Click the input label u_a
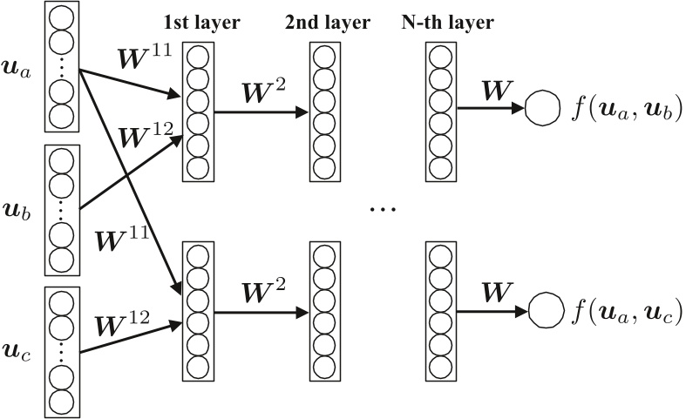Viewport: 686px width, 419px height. (x=18, y=71)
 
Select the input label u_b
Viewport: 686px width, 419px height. (x=18, y=210)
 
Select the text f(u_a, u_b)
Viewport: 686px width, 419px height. (x=625, y=111)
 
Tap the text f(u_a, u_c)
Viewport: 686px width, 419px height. (x=625, y=311)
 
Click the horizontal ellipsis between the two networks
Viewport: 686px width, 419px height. (x=383, y=209)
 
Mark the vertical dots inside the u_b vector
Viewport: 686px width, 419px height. (x=60, y=210)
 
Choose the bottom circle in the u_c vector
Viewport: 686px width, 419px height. (x=60, y=402)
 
